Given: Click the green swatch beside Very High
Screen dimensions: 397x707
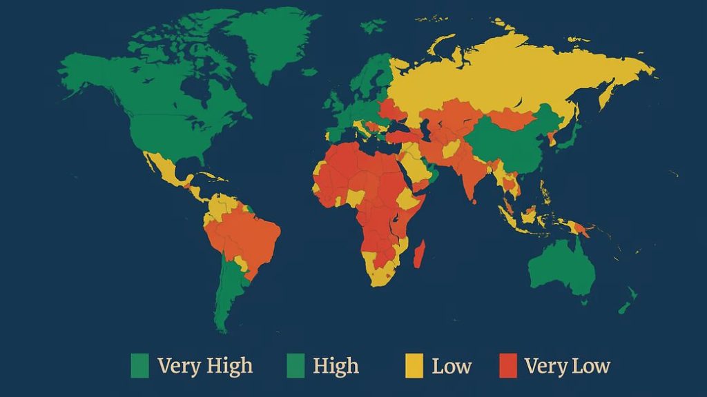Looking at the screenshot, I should click(139, 365).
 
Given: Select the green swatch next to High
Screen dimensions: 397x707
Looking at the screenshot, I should click(295, 365).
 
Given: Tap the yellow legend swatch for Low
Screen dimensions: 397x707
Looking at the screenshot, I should click(414, 365).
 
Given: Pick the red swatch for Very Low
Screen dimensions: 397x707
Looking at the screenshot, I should click(507, 365).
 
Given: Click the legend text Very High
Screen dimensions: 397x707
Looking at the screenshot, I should click(205, 365).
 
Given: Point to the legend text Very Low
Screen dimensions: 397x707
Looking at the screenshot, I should click(567, 365).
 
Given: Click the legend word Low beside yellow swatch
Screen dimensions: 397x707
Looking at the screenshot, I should click(452, 365).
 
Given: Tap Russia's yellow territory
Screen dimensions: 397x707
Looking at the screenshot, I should click(497, 76).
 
